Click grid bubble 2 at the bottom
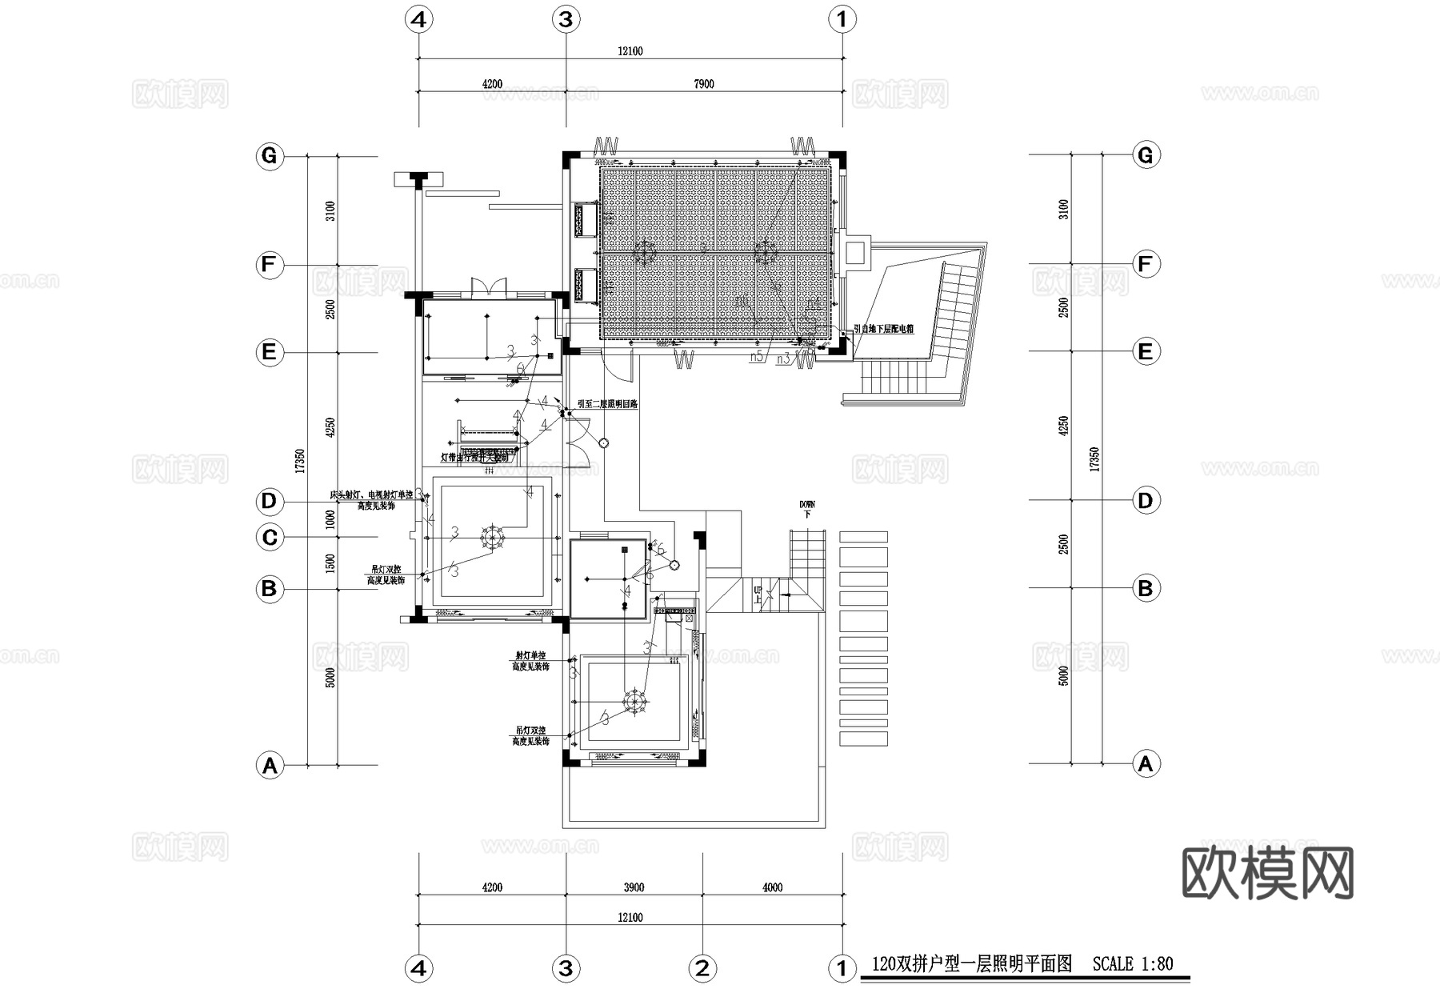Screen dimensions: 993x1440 pos(702,969)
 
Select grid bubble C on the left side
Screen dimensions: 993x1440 pos(270,537)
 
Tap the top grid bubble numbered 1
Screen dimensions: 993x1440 pos(841,19)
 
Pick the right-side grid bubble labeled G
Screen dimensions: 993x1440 pos(1145,155)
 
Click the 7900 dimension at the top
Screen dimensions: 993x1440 pos(703,84)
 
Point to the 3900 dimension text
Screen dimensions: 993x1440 pos(634,887)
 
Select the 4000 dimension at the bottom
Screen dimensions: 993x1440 pos(772,887)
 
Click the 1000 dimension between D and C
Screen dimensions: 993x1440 pos(330,519)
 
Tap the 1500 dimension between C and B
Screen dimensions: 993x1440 pos(330,563)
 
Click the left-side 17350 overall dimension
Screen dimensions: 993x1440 pos(299,460)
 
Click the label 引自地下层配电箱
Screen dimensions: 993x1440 pos(883,329)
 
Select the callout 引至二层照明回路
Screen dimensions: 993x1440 pos(607,405)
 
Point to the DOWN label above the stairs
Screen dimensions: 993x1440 pos(806,505)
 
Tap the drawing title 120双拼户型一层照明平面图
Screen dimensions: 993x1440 pos(971,964)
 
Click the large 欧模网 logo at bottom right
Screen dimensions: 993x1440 pos(1267,873)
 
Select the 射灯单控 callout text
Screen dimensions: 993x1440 pos(530,656)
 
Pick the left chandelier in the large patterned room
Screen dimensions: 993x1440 pos(645,254)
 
